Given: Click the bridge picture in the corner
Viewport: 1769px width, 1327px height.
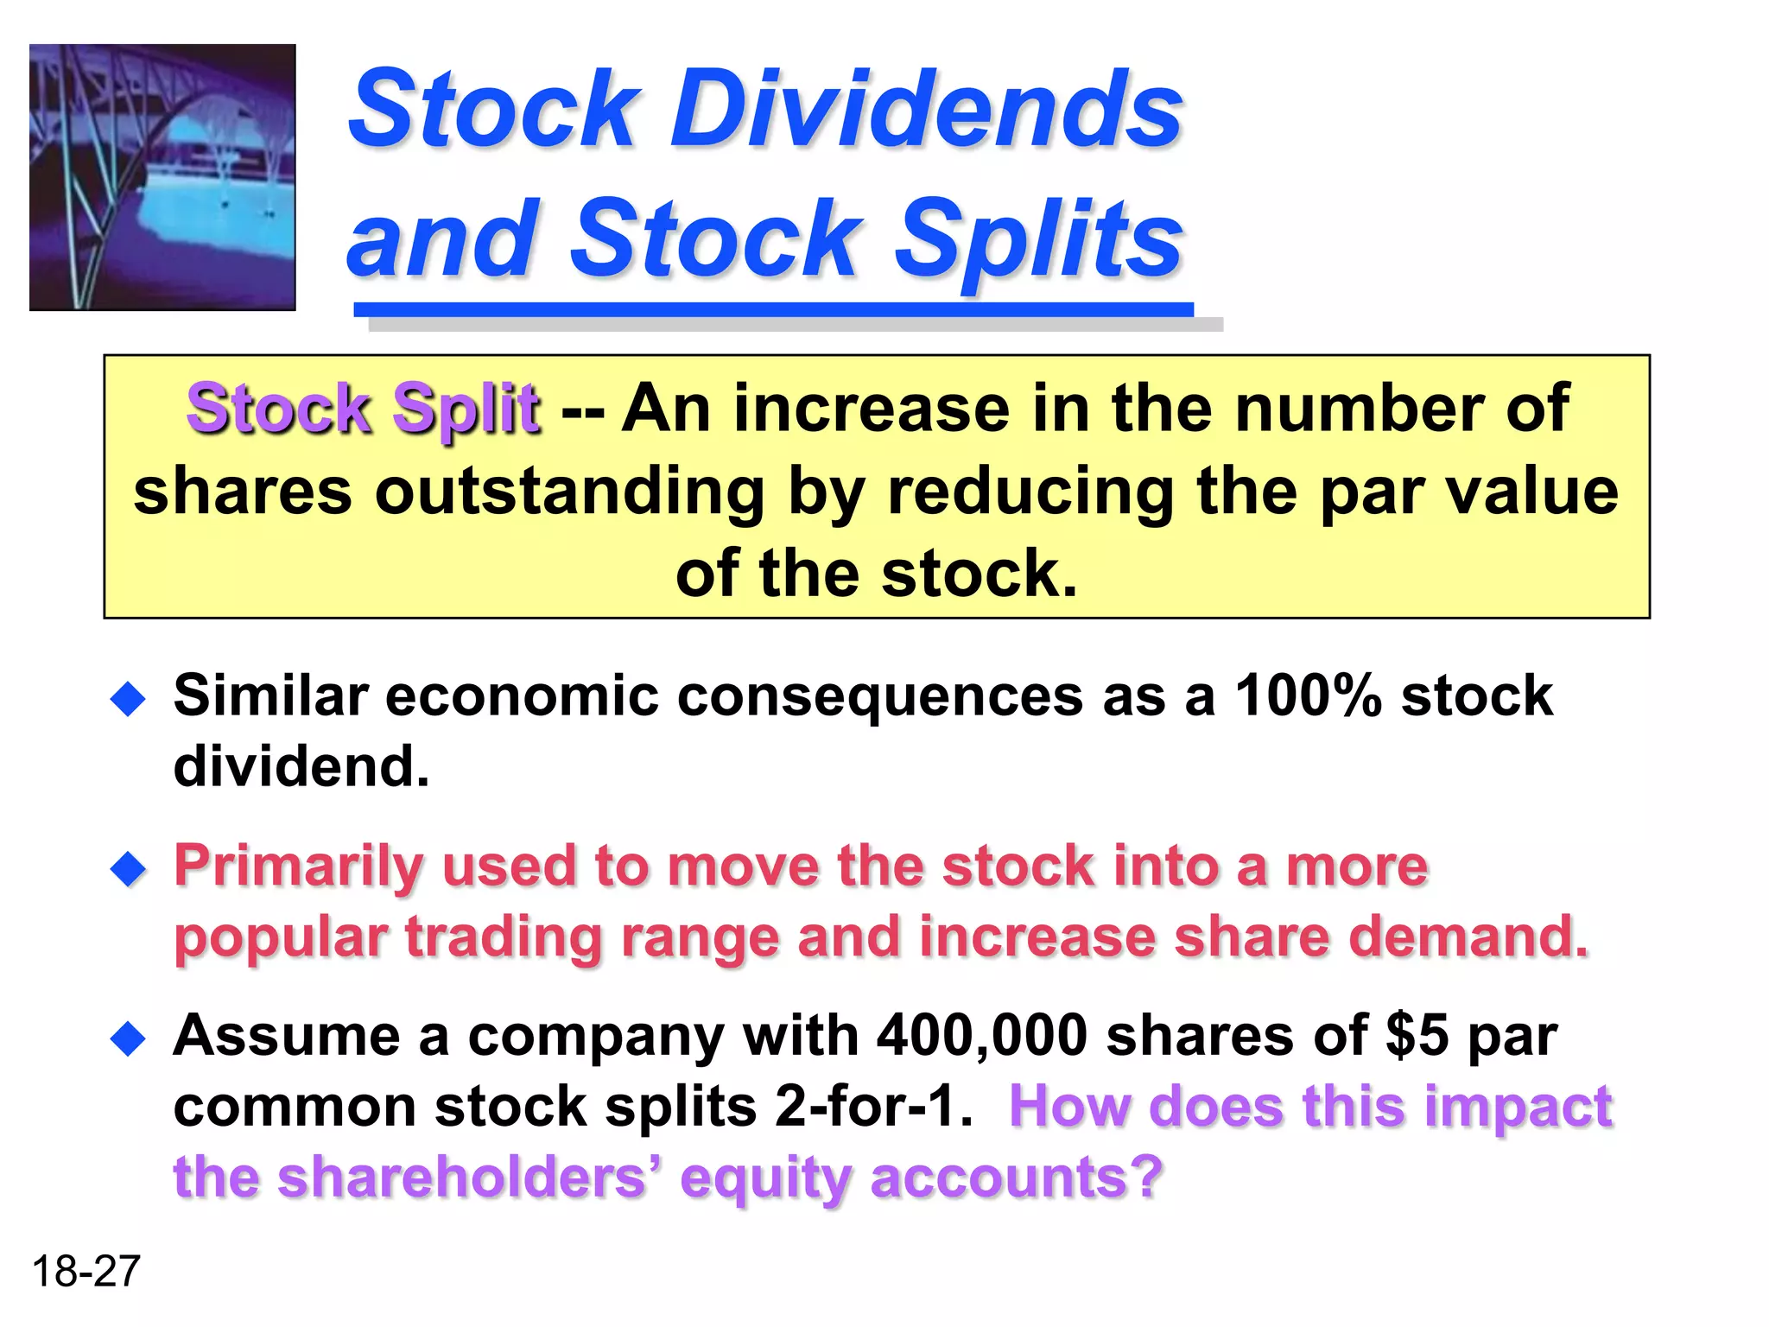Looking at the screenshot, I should tap(162, 177).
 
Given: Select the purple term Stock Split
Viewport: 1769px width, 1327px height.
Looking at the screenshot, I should tap(363, 409).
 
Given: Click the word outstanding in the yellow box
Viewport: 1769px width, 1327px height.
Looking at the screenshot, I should tap(569, 492).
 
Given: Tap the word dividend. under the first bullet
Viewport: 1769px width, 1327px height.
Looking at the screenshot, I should tap(301, 767).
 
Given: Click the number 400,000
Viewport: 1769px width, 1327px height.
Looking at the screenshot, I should tap(981, 1035).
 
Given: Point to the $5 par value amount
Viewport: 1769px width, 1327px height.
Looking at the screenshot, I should tap(1417, 1035).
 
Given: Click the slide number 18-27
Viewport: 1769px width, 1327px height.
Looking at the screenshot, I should tap(86, 1272).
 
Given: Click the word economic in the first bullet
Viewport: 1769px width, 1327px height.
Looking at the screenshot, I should tap(521, 695).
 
